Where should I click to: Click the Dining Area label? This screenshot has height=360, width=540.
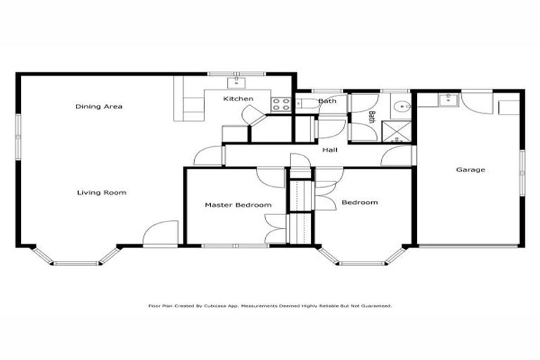(x=99, y=107)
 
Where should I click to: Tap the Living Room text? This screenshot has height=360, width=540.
(x=101, y=192)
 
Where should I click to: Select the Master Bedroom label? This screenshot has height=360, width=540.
(x=238, y=205)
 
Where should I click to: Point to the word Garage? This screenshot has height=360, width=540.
(x=470, y=169)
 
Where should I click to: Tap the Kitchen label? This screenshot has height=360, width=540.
(x=238, y=99)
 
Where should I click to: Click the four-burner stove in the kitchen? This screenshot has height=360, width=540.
(x=282, y=104)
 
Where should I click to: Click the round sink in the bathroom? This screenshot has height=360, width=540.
(x=401, y=108)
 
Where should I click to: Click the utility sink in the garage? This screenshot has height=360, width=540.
(x=446, y=100)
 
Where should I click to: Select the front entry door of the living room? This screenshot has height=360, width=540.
(x=160, y=234)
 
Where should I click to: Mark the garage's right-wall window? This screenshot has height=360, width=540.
(x=522, y=169)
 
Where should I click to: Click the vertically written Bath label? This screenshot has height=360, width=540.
(x=372, y=116)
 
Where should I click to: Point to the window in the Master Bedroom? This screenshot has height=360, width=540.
(x=235, y=245)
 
